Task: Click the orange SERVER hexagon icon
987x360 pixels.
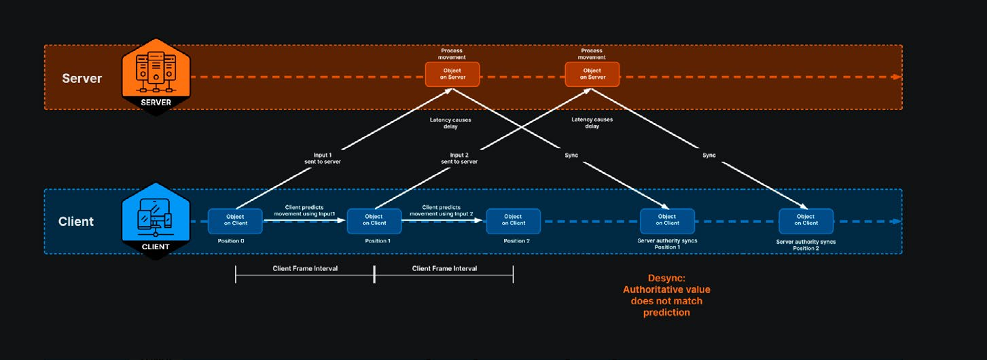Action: coord(156,77)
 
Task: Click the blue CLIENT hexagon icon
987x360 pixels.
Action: coord(156,221)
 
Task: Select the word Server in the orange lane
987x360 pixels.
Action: coord(82,78)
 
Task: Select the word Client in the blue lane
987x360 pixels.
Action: coord(76,221)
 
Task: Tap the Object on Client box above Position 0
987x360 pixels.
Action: coord(235,220)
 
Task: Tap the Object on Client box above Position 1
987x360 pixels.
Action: coord(374,220)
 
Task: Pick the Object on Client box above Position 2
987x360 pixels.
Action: coord(514,220)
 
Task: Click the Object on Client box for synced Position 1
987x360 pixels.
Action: coord(667,220)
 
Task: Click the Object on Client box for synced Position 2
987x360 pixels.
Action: coord(806,220)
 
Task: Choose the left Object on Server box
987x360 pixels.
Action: coord(452,74)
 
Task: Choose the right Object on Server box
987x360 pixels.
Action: coord(592,74)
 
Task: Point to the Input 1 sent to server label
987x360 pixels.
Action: coord(323,158)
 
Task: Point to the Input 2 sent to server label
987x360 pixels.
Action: coord(459,158)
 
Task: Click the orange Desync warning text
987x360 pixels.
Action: coord(666,295)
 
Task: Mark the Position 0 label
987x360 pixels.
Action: coord(231,241)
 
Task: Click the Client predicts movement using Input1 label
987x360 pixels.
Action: coord(304,211)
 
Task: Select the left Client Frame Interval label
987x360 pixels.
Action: coord(305,268)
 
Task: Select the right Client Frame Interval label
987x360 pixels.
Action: coord(444,268)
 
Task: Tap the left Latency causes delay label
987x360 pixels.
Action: coord(450,123)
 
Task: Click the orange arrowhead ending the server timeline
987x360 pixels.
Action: coord(897,77)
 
